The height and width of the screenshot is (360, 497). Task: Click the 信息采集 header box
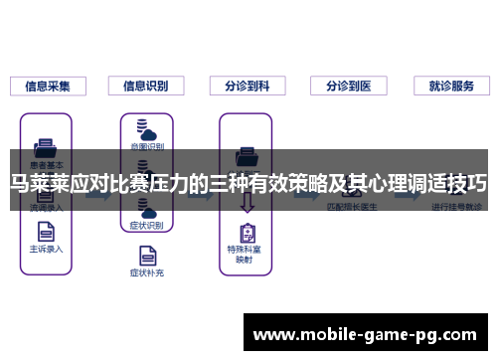(x=49, y=87)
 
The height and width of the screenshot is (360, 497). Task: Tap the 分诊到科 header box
(x=248, y=87)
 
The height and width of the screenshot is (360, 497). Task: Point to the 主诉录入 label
(x=46, y=249)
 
